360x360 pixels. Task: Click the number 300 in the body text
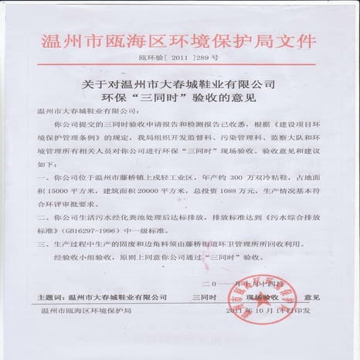[227, 177]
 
